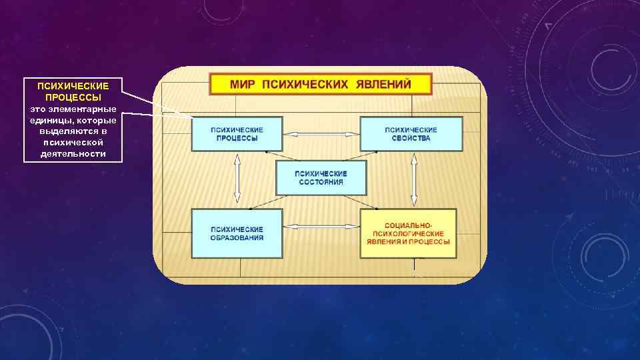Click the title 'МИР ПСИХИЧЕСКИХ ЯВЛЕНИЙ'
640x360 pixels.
point(321,85)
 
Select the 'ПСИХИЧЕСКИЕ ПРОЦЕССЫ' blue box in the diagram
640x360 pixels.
point(237,134)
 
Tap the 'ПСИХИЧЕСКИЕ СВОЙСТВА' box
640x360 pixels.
point(411,134)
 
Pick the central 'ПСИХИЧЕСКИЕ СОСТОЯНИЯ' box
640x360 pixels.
point(321,177)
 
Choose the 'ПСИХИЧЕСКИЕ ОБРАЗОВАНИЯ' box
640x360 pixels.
point(237,233)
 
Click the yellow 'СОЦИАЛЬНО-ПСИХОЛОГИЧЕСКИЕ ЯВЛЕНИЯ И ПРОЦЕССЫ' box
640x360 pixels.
point(408,233)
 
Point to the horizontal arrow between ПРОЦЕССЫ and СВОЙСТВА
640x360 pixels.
point(321,134)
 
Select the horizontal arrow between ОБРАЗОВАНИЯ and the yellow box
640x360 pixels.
point(321,227)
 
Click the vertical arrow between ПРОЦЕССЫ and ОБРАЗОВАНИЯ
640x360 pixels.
point(237,180)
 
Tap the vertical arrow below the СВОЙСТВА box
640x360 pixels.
point(414,180)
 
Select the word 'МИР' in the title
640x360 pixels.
point(243,85)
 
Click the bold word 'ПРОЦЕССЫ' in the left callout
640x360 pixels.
point(73,97)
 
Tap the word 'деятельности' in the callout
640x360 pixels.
point(73,153)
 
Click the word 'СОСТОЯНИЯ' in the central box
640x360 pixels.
point(321,182)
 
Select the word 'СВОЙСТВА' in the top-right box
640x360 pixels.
point(411,139)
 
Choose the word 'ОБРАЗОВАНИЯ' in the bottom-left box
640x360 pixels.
point(237,238)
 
